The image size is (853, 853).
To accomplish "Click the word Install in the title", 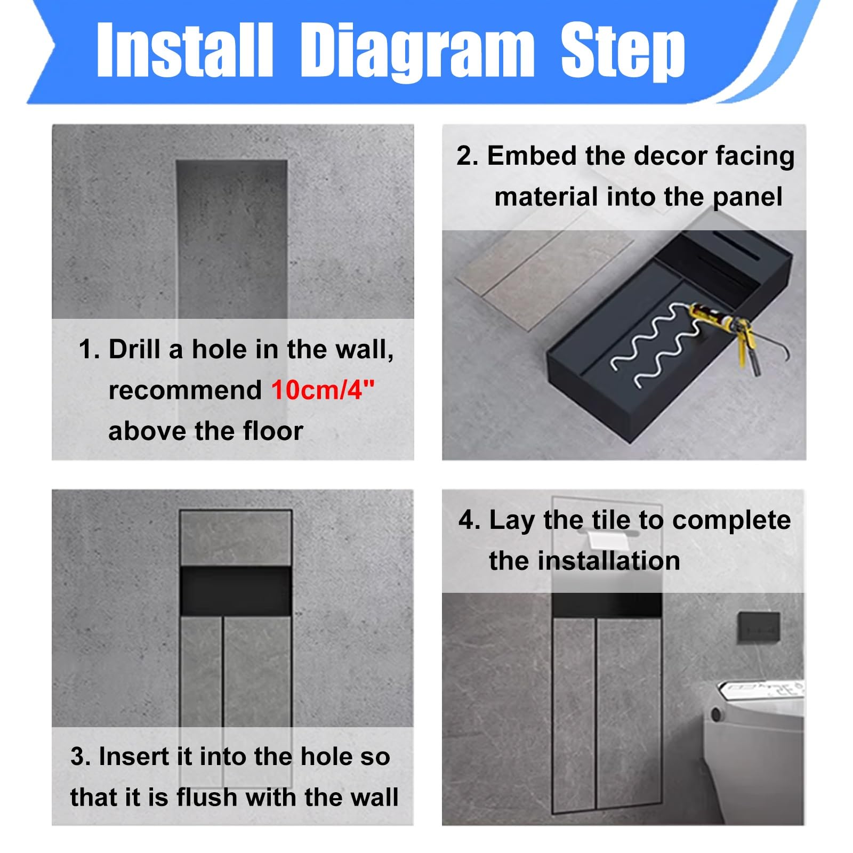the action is point(184,50).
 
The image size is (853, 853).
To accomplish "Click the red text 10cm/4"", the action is point(323,390).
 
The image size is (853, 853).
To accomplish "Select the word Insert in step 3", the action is point(134,757).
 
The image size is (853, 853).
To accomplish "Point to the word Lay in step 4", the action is point(512,520).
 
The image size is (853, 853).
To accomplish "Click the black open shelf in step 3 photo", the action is point(236,591).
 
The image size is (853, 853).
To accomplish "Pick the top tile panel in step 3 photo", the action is point(236,538).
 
